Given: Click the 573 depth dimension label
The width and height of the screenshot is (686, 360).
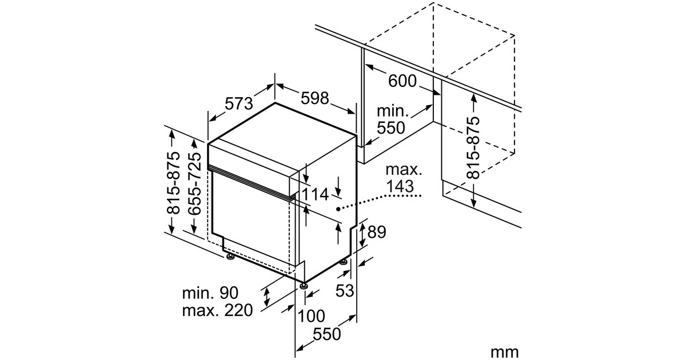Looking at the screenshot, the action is (239, 103).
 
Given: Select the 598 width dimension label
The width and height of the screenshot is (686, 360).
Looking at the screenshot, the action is (314, 98).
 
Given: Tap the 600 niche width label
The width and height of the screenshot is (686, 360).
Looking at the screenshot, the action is (402, 81).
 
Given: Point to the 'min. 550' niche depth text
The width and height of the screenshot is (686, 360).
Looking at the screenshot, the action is (392, 119).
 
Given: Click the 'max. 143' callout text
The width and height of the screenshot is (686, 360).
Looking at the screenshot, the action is (404, 178).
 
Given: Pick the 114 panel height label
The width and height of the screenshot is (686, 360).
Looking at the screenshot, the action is (315, 194).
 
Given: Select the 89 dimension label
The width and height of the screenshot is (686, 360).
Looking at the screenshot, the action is (377, 232).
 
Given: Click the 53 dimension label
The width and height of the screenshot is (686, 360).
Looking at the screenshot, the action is (345, 290).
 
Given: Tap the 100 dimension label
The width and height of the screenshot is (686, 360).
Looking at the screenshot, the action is (311, 316).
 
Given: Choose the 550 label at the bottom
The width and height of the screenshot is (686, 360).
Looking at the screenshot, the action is (327, 334).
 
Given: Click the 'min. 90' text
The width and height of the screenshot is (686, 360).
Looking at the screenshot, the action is (210, 293).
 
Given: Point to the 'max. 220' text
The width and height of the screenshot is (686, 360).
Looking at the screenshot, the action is (217, 310).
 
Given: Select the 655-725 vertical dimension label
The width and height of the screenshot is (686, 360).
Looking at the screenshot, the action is (194, 183).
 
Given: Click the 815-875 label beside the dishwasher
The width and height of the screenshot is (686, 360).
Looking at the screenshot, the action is (173, 182).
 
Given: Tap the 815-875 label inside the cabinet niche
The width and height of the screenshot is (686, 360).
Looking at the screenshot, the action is (473, 147).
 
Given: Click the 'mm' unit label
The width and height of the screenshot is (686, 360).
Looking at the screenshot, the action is (504, 352).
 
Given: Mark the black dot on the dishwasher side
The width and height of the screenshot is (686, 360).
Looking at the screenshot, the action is (338, 209).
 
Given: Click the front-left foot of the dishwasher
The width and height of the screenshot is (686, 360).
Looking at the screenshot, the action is (230, 257).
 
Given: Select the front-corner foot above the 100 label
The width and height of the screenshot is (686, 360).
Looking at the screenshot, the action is (304, 285).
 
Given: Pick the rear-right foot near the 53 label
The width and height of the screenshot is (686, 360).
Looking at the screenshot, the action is (344, 262).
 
